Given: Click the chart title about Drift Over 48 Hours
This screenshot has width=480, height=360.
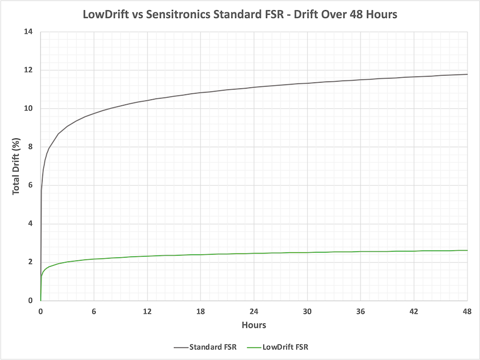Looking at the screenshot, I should click(x=240, y=14).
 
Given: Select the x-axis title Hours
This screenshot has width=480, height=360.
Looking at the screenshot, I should click(x=254, y=325).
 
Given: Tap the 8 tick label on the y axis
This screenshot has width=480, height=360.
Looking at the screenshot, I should click(x=30, y=147).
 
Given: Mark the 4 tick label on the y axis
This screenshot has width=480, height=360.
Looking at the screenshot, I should click(x=30, y=223).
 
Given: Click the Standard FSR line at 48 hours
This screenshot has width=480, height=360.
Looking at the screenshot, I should click(x=467, y=74).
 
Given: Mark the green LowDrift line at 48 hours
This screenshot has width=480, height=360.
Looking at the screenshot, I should click(x=467, y=250).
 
